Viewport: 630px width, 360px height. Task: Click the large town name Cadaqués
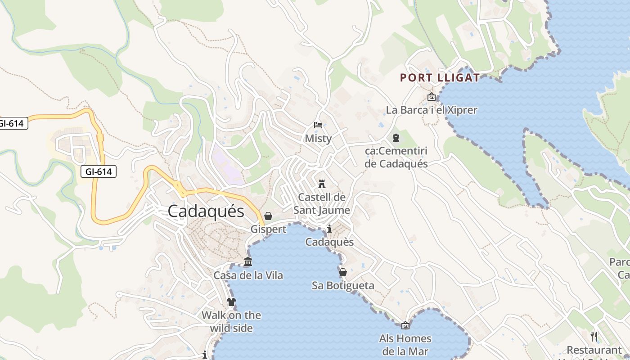(206, 211)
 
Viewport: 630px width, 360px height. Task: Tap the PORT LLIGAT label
(440, 78)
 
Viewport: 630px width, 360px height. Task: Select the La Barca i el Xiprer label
(431, 110)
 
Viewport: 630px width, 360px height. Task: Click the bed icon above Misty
(318, 125)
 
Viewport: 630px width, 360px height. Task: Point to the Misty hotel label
(318, 138)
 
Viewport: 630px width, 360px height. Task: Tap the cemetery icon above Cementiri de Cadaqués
(396, 137)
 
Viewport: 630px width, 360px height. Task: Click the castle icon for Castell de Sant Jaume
(322, 184)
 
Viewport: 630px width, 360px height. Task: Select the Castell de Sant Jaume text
(322, 203)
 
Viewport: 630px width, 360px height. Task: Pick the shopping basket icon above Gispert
(268, 216)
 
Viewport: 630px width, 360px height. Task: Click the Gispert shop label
(268, 229)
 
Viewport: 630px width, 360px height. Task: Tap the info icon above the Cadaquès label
(329, 229)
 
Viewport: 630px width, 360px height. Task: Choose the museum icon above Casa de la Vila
(248, 261)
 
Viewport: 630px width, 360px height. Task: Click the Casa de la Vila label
(248, 275)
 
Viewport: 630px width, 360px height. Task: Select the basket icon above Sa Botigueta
(343, 272)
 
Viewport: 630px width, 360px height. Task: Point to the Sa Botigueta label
(343, 285)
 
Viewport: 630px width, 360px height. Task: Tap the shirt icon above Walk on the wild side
(231, 301)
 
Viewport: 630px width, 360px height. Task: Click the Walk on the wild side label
(231, 321)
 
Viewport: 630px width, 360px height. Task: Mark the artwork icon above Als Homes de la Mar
(405, 325)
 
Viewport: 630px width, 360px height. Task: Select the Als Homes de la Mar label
(405, 345)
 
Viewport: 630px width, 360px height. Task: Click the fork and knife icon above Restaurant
(594, 336)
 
